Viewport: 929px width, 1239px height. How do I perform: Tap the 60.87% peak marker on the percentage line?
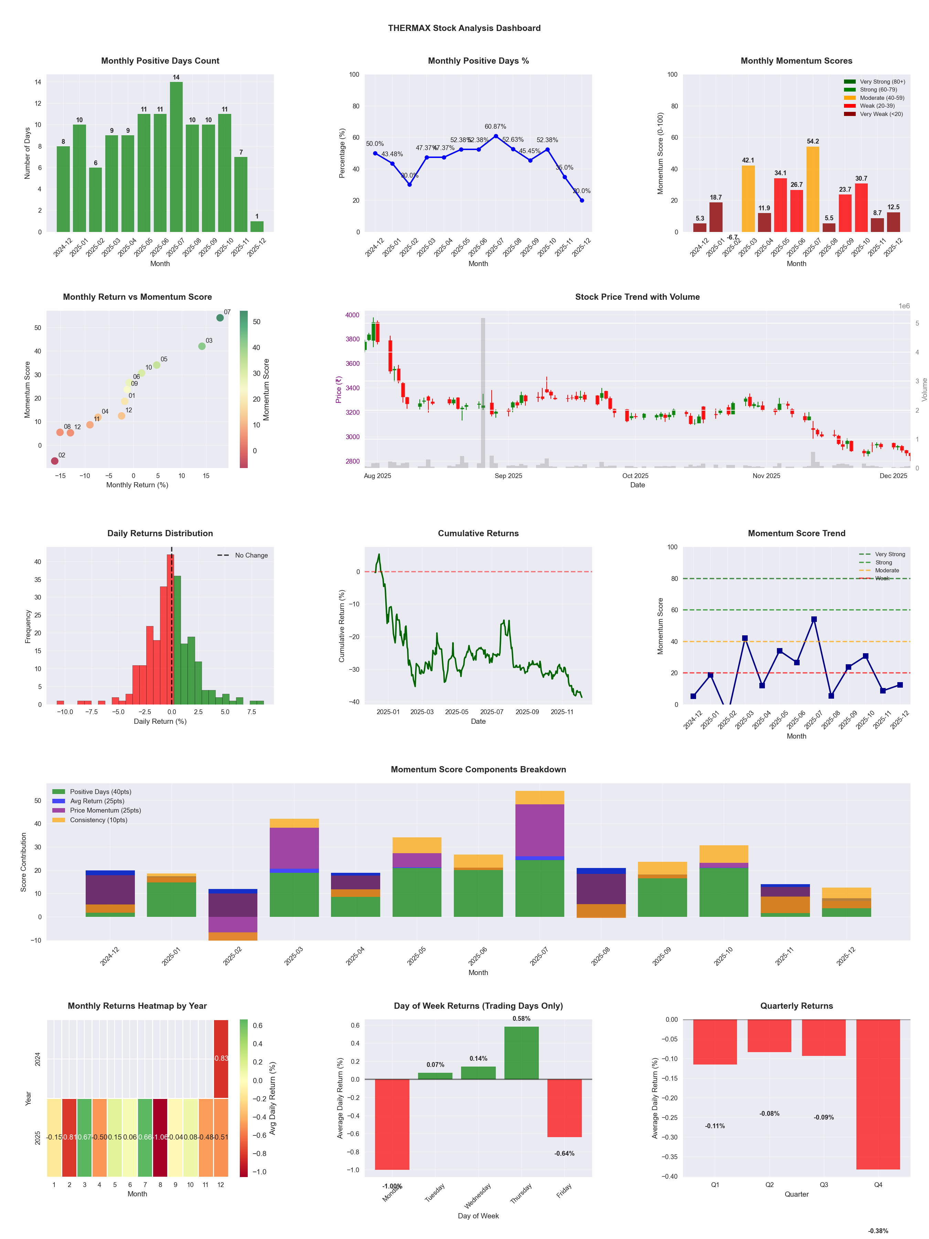tap(495, 136)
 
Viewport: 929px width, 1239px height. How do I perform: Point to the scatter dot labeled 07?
tap(220, 318)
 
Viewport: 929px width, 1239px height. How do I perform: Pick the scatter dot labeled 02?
tap(54, 461)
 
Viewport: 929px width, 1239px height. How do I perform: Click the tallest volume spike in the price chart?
tap(483, 392)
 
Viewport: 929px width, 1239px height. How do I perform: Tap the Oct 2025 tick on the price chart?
tap(635, 476)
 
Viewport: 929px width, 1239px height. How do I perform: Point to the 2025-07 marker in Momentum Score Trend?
tap(814, 619)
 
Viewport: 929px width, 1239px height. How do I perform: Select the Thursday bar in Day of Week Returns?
tap(521, 1053)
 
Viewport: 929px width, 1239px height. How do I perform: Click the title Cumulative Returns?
tap(478, 533)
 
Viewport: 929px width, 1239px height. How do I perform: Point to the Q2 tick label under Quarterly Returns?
tap(769, 1185)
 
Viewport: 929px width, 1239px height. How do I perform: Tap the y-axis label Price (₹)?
tap(338, 390)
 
